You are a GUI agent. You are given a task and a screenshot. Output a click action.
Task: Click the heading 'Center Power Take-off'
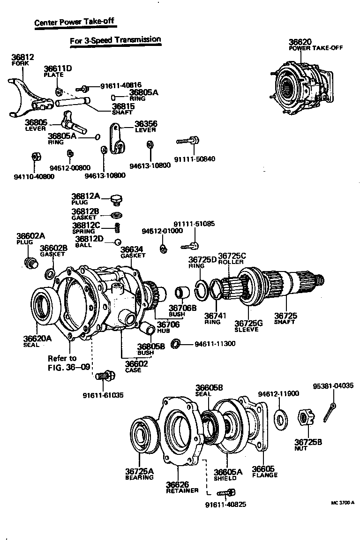tap(74, 22)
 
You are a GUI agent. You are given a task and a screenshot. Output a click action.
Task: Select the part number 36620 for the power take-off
tap(300, 42)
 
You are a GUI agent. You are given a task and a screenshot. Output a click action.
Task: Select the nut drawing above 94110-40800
tap(34, 157)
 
